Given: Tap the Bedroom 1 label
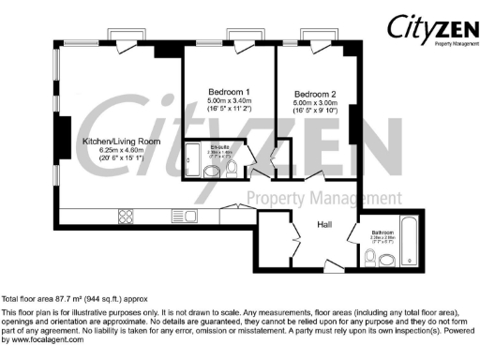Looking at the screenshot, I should tap(228, 91).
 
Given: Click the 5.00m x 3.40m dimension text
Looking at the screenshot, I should tap(228, 100).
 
